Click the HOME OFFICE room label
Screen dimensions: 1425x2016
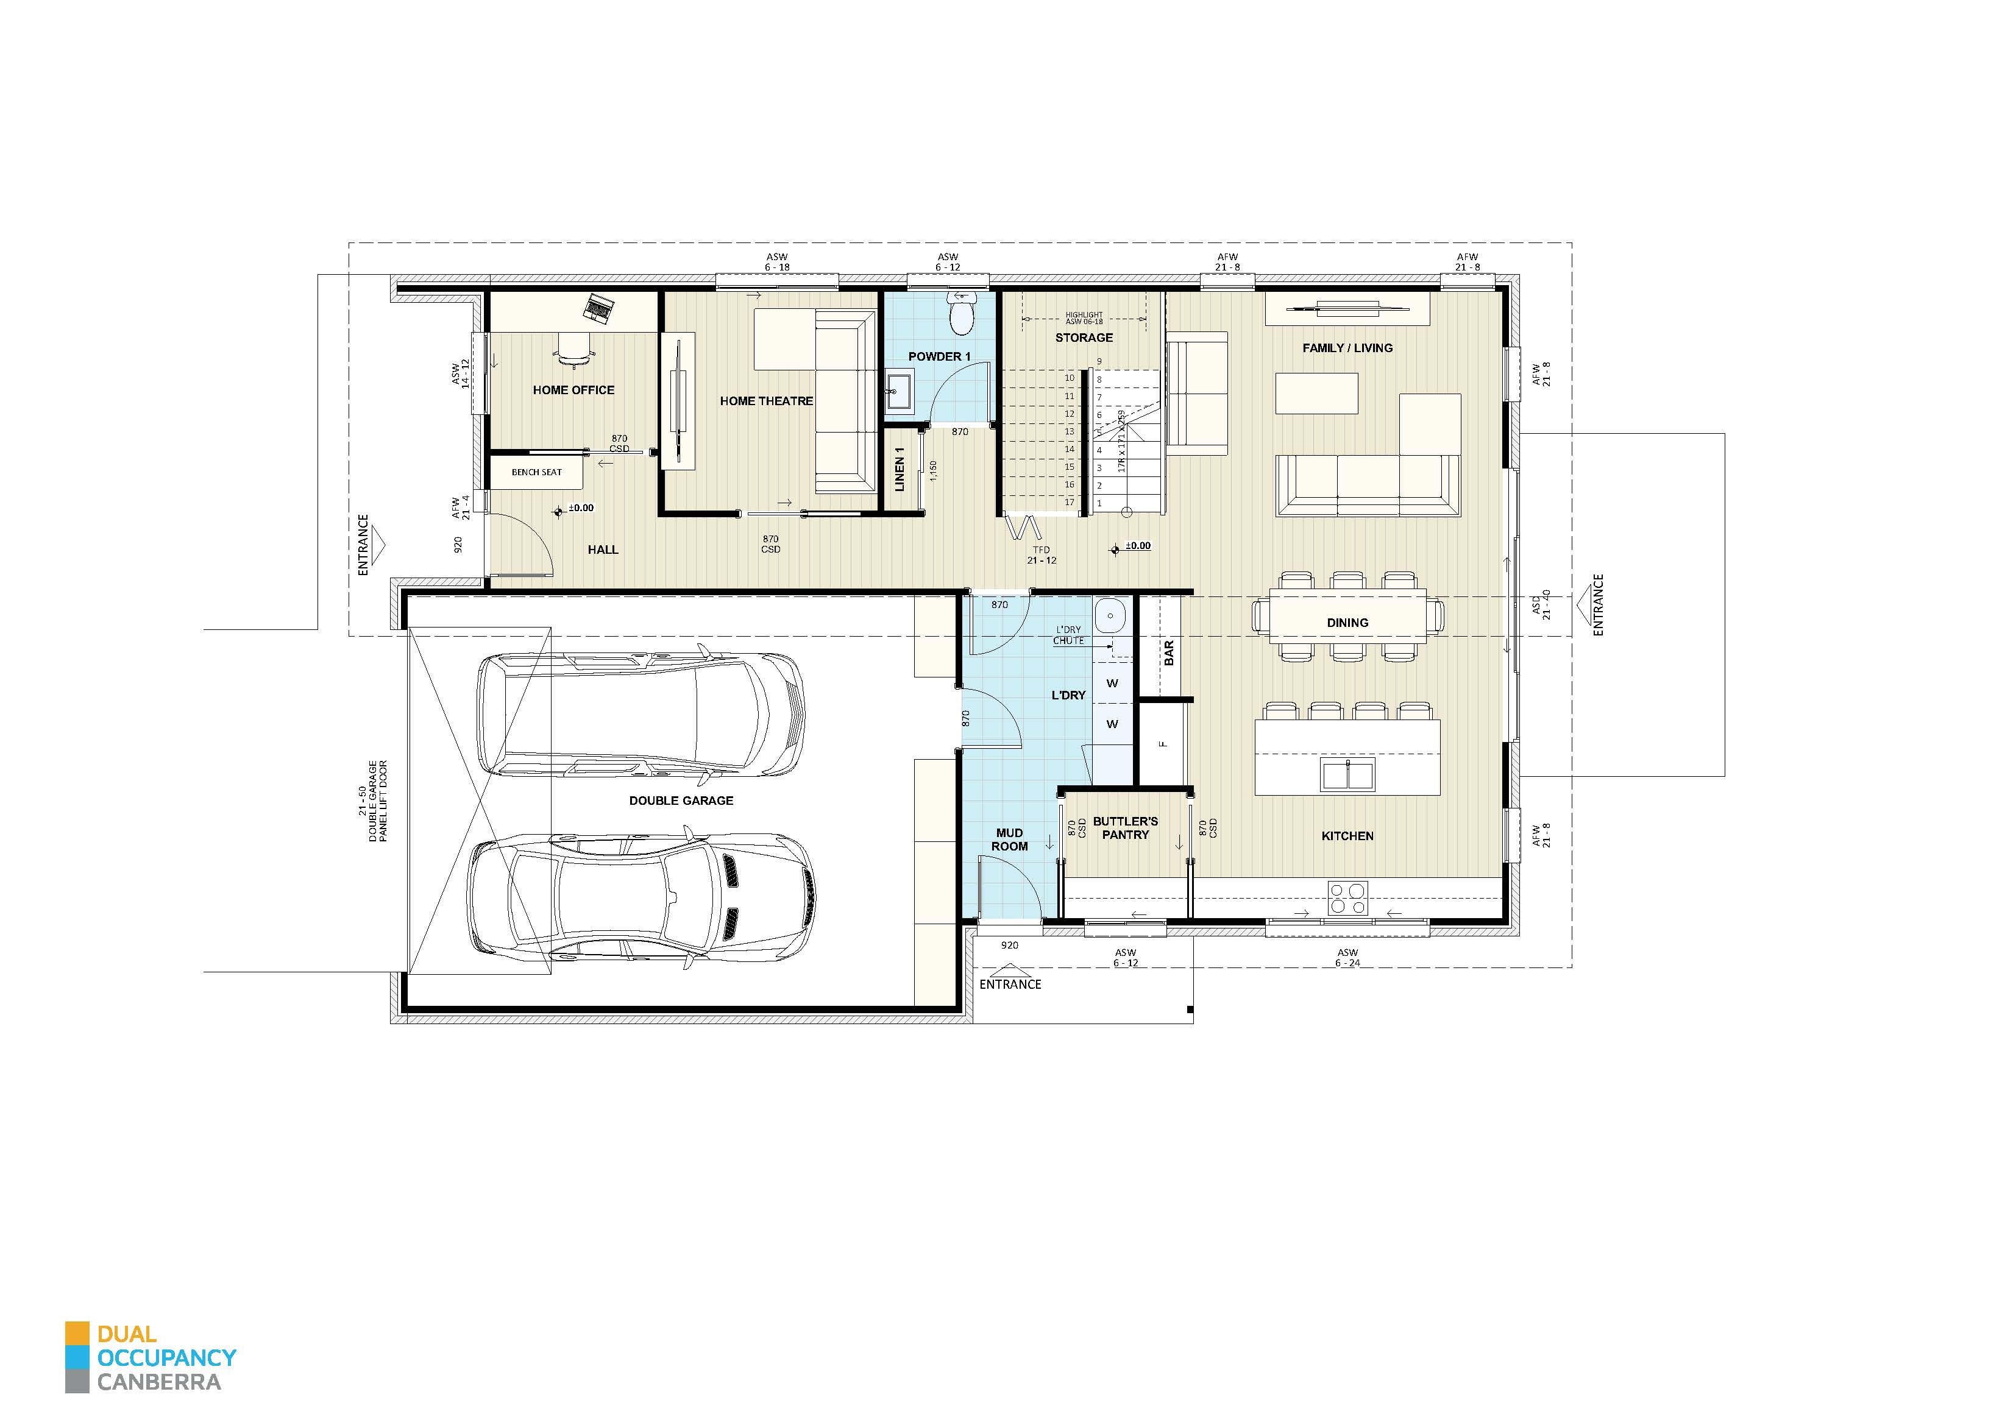coord(573,390)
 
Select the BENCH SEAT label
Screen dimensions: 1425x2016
coord(536,472)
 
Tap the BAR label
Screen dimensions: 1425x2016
coord(1169,652)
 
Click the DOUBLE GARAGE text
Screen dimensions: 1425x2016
coord(681,801)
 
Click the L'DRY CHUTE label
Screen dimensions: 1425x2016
coord(1068,635)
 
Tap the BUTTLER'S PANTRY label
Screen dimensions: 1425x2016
coord(1125,828)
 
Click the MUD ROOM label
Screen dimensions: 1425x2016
coord(1009,840)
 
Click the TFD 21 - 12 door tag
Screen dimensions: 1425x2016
coord(1042,555)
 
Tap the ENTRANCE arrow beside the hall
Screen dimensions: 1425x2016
coord(376,545)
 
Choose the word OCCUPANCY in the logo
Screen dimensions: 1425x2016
coord(167,1357)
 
